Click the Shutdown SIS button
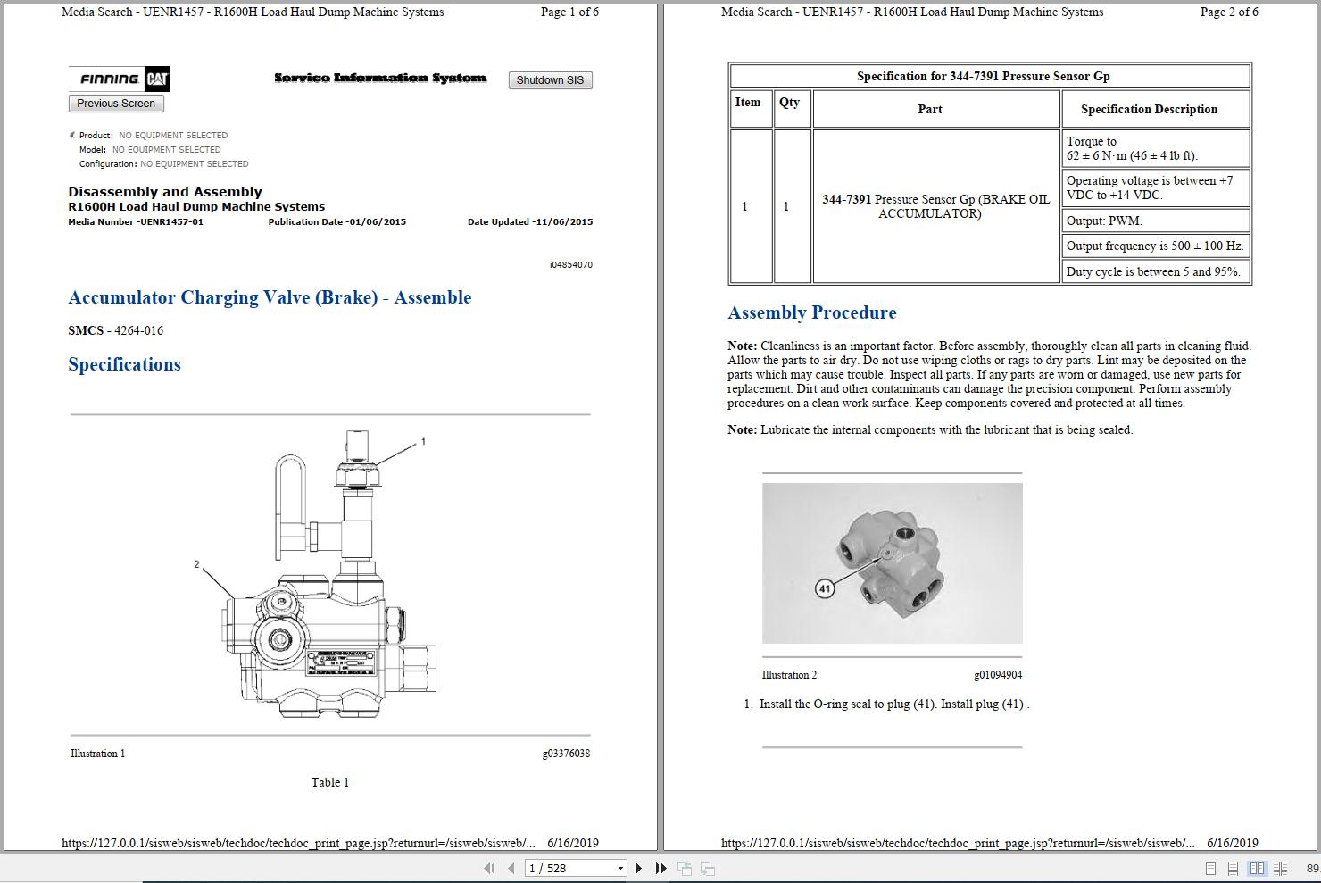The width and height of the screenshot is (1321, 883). click(x=550, y=80)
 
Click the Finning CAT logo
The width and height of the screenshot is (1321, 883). click(x=120, y=79)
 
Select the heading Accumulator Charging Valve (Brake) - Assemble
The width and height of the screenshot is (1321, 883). click(x=270, y=297)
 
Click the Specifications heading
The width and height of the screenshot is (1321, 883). click(x=124, y=364)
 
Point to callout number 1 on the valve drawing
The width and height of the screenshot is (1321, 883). click(x=423, y=441)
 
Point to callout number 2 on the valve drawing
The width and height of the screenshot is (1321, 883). click(x=196, y=564)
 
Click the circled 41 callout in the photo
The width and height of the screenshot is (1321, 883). click(x=825, y=588)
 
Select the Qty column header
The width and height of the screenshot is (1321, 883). click(x=789, y=103)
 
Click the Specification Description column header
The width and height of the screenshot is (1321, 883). click(x=1149, y=109)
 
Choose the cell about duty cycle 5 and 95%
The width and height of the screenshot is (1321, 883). click(x=1154, y=271)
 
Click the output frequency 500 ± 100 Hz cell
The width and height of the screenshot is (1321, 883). click(x=1154, y=246)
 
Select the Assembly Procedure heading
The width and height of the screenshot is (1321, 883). click(x=811, y=312)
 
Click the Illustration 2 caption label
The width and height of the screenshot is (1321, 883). click(x=789, y=675)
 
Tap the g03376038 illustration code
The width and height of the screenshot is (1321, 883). click(x=566, y=754)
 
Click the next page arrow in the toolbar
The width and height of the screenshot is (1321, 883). click(x=638, y=868)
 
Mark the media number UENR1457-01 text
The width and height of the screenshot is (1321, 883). click(x=136, y=221)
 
